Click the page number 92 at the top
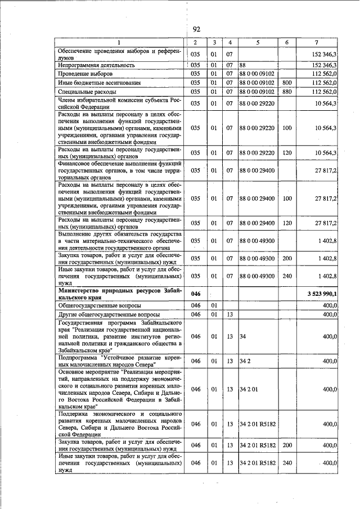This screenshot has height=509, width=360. click(x=196, y=29)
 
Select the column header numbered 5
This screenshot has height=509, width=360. click(x=257, y=43)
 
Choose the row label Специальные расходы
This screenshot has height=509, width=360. click(x=87, y=91)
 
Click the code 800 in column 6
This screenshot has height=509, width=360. click(x=287, y=83)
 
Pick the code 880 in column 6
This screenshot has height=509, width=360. click(x=287, y=91)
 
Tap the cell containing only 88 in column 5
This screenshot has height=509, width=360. click(x=243, y=65)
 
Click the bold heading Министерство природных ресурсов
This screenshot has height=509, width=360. click(x=119, y=290)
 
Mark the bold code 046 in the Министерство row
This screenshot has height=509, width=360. click(x=195, y=294)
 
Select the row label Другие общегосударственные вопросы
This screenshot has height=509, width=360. click(x=109, y=314)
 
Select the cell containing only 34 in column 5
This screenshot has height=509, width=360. click(x=243, y=336)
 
